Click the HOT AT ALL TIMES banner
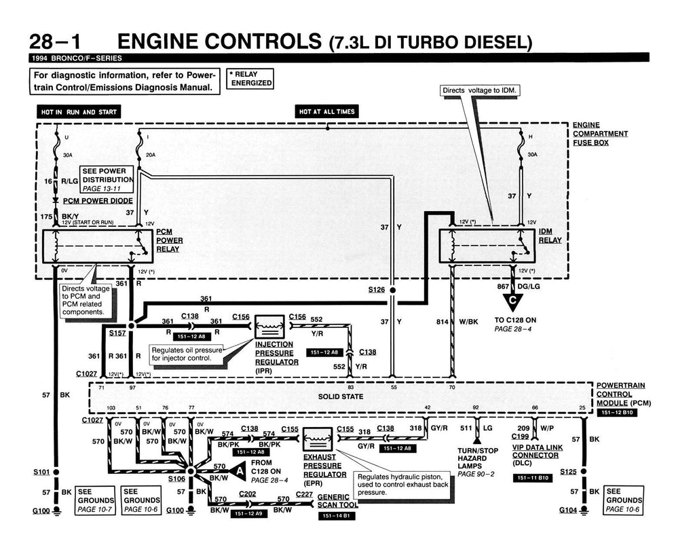(x=327, y=112)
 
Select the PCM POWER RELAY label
(x=169, y=240)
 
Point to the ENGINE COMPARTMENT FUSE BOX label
(x=600, y=134)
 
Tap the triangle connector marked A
(x=240, y=471)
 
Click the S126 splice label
(x=376, y=290)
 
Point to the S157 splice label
(x=117, y=333)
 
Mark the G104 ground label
(x=568, y=509)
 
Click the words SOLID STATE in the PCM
(x=341, y=396)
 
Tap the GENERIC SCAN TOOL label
(x=337, y=501)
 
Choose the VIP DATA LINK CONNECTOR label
(x=538, y=456)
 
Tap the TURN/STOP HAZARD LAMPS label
(x=478, y=460)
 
